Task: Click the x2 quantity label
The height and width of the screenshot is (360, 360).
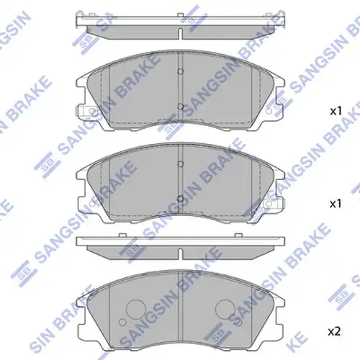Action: (334, 332)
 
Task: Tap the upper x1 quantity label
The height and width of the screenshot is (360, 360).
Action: (336, 111)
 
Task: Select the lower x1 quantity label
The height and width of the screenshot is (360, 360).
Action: (336, 204)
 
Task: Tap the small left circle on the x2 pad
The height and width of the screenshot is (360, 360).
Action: (122, 322)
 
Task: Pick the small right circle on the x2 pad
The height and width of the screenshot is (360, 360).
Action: (238, 322)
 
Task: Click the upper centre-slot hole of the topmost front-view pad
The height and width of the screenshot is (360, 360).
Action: (181, 71)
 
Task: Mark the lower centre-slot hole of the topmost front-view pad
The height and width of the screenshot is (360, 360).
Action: (181, 107)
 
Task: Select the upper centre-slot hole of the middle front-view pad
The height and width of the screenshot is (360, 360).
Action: (181, 164)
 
